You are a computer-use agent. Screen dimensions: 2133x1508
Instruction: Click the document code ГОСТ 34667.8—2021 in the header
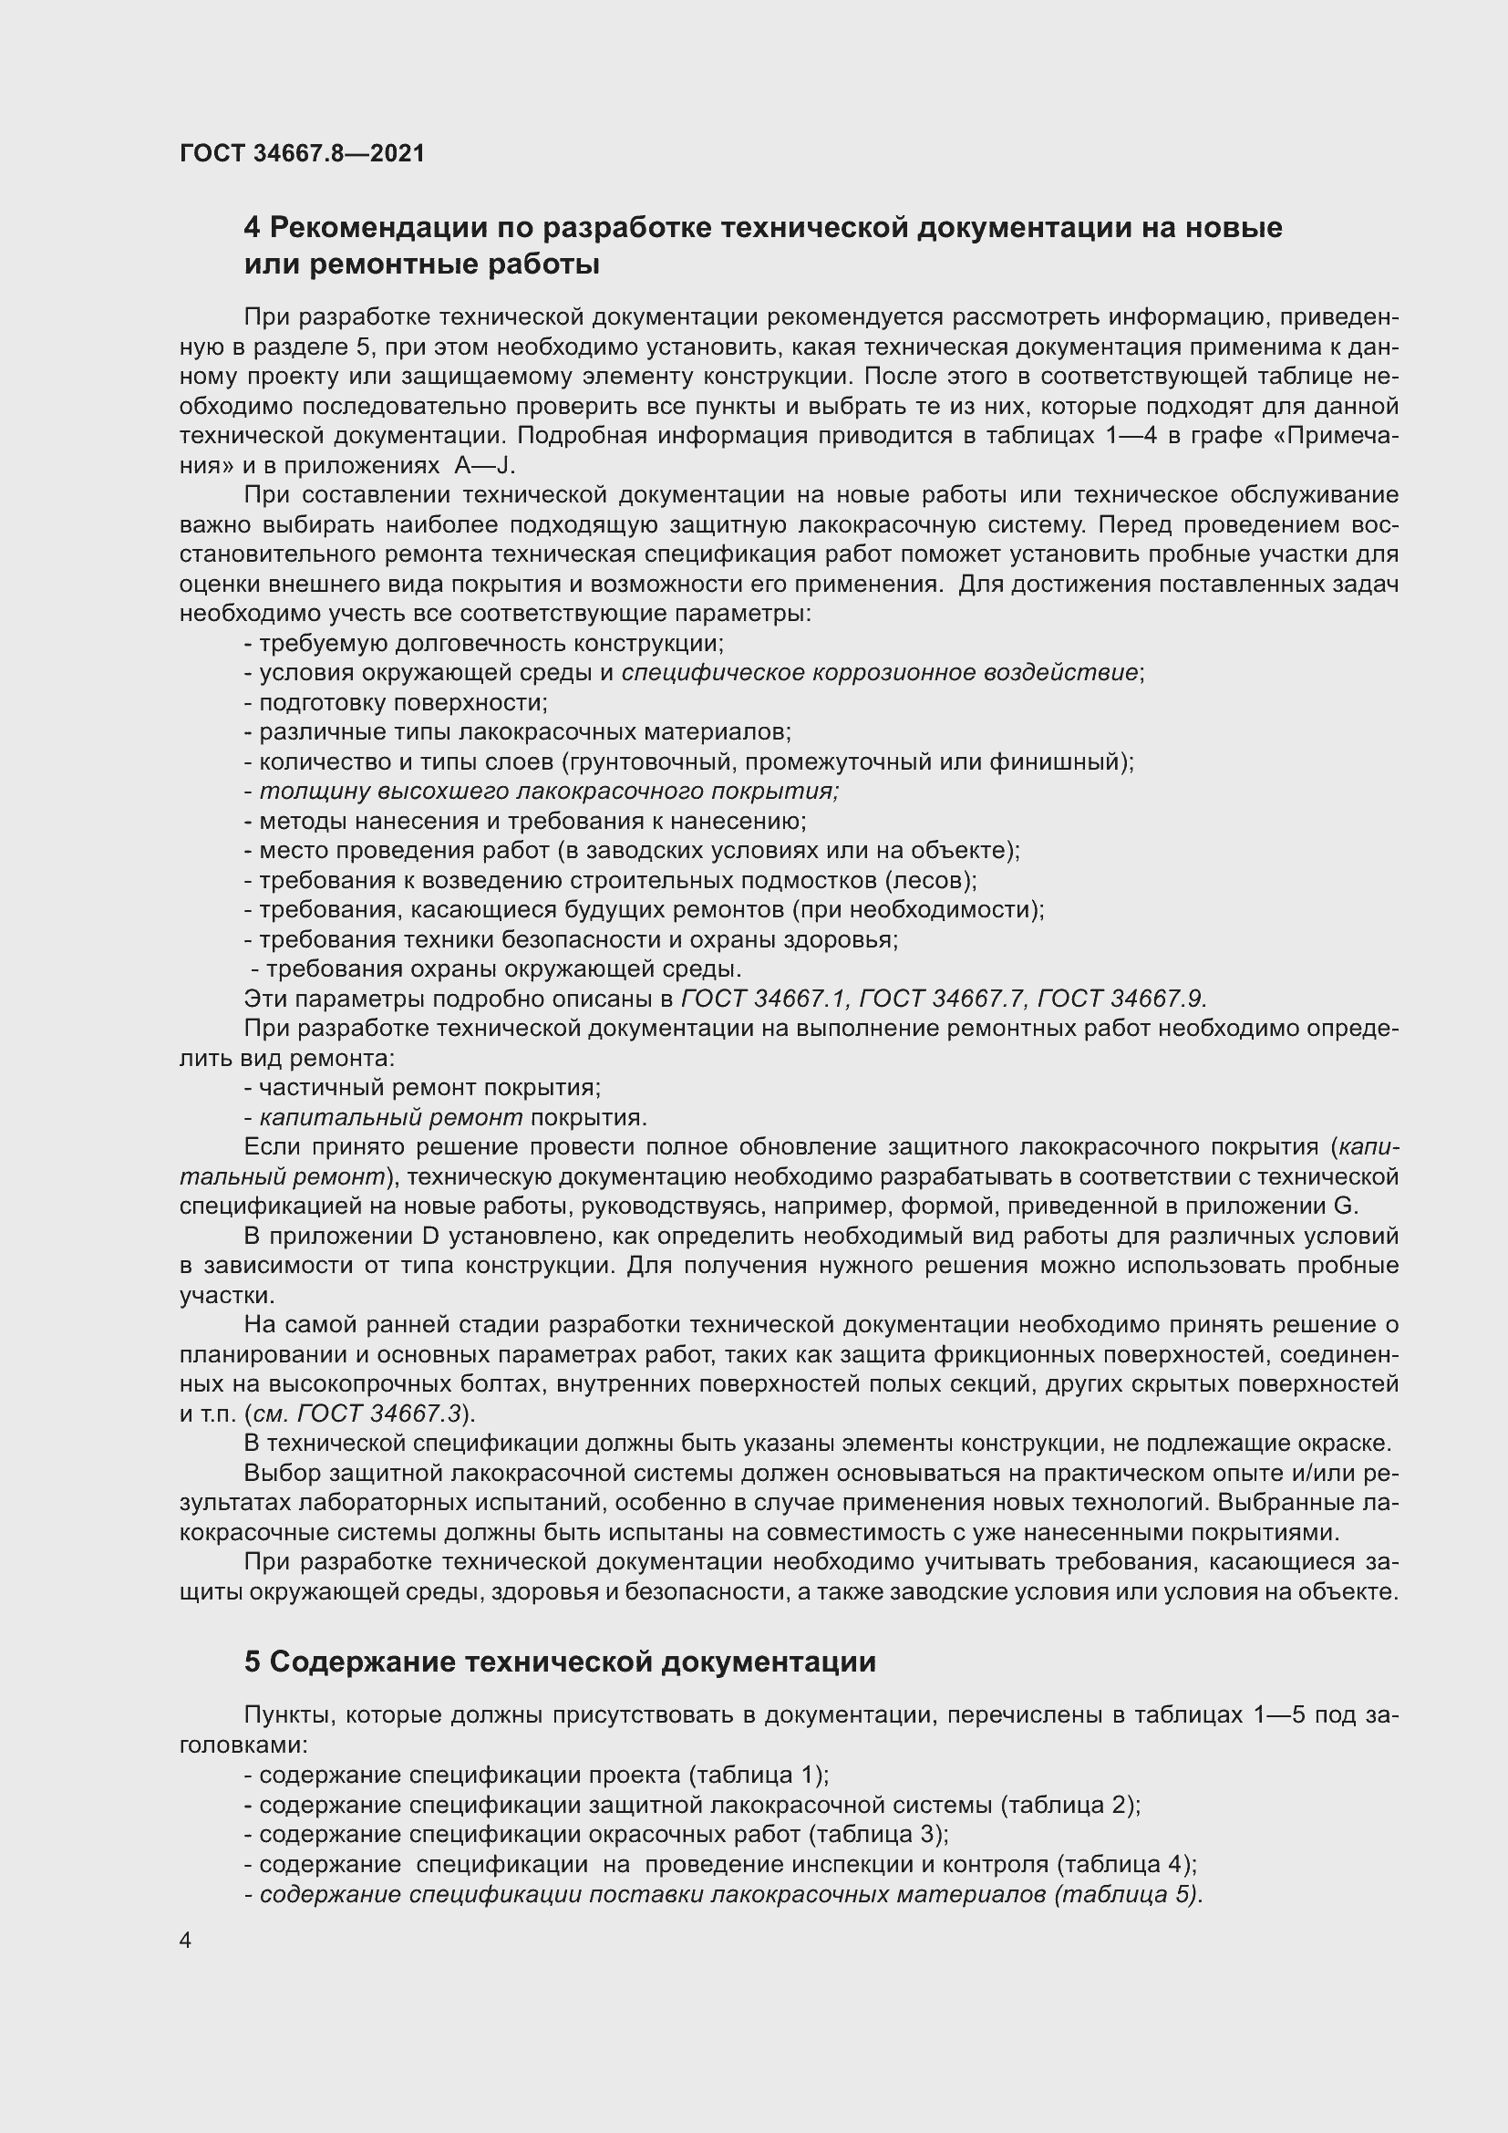point(302,153)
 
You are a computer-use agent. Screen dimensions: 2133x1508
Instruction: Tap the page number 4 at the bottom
point(186,1941)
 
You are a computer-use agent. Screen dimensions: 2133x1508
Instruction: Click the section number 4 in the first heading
point(252,228)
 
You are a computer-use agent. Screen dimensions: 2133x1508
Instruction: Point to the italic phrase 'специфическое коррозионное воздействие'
point(879,673)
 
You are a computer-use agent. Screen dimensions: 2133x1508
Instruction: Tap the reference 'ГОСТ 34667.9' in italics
point(1121,999)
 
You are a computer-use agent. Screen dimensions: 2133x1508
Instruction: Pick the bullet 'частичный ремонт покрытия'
point(429,1088)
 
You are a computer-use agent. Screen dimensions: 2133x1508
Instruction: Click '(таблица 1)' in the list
point(757,1776)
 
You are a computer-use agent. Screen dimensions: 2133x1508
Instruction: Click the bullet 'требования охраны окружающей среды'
point(501,969)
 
